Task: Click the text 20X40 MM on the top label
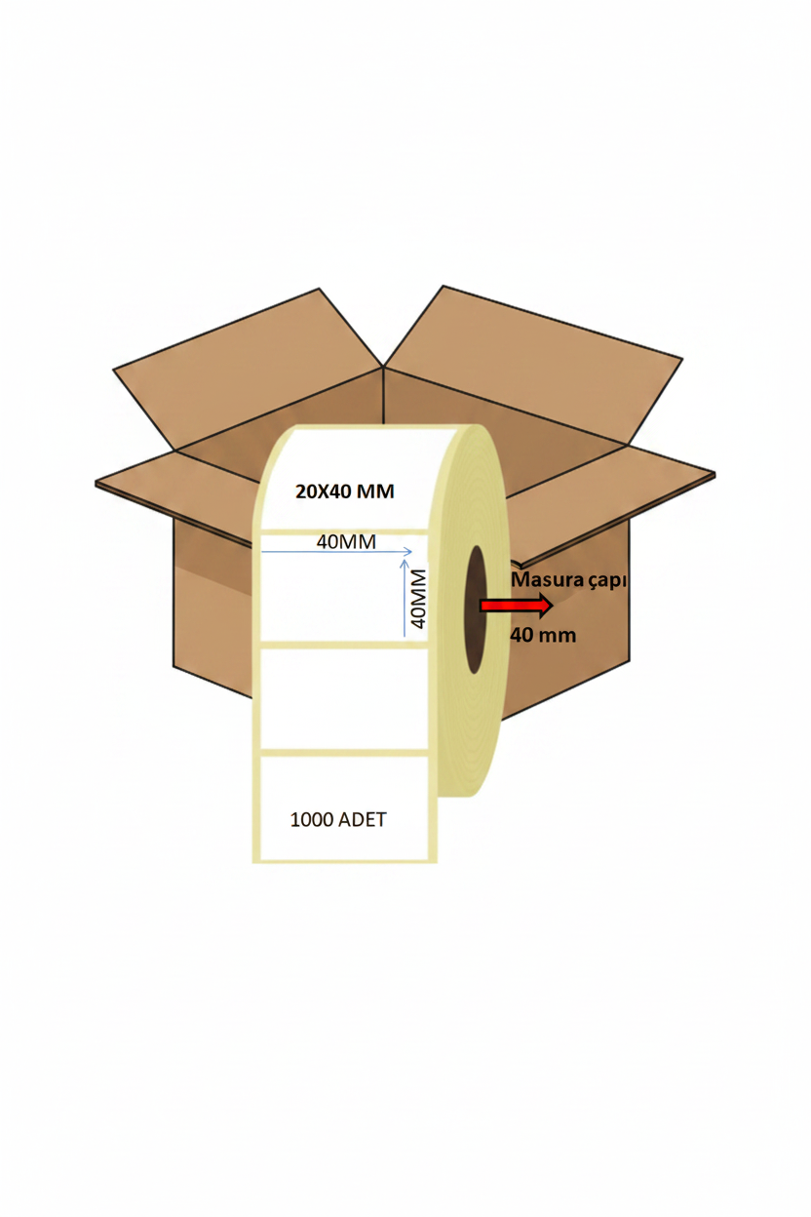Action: click(344, 491)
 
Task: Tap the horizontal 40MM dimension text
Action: click(346, 541)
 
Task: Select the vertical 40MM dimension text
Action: click(418, 598)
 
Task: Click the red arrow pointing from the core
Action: click(516, 606)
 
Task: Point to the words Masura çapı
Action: click(568, 580)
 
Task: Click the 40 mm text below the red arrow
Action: click(543, 635)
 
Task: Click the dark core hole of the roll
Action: click(476, 608)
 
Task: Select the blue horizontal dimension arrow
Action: click(337, 552)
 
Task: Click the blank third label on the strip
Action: click(344, 698)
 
